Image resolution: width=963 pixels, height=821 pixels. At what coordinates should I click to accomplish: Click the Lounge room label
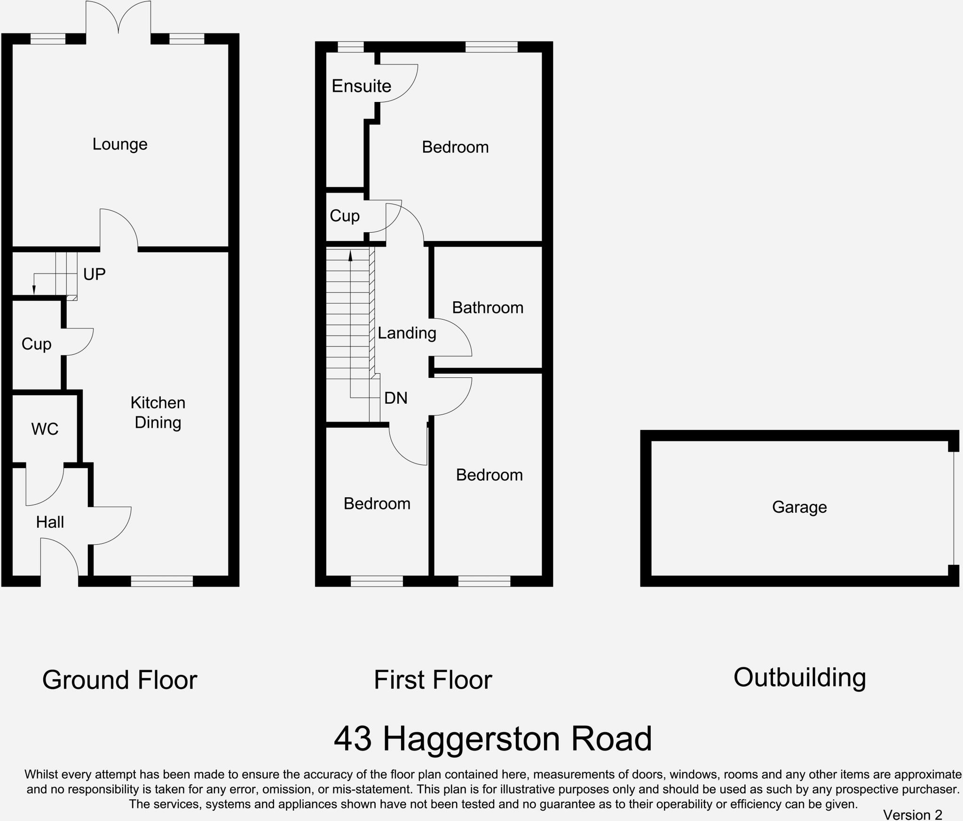(120, 144)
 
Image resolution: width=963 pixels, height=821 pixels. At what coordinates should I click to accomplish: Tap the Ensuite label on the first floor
(361, 86)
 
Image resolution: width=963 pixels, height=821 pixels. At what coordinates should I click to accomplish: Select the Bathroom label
(488, 308)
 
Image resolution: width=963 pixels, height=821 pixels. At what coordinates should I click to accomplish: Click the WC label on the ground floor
(45, 429)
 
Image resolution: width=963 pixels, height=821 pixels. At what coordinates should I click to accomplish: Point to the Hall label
(50, 522)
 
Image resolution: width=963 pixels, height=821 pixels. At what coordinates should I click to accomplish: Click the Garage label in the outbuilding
(799, 507)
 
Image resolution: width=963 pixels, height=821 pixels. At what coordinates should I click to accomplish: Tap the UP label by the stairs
(94, 274)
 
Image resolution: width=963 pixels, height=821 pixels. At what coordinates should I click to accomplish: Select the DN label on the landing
(395, 399)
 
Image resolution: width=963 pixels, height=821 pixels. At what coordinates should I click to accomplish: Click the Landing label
(407, 333)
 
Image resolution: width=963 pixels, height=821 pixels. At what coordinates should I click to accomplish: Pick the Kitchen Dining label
(158, 413)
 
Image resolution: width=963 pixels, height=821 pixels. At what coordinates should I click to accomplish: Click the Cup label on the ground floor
(36, 344)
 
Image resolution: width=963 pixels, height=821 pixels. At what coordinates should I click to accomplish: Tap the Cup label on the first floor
(345, 216)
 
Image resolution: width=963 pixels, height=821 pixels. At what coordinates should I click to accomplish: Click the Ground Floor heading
(119, 680)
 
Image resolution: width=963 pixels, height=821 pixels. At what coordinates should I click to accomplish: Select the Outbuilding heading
(799, 678)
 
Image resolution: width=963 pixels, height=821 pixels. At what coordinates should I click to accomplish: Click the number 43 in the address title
(353, 739)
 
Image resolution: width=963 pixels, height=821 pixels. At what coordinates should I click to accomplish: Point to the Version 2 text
(912, 814)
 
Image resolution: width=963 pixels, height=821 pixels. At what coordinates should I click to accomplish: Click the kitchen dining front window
(162, 581)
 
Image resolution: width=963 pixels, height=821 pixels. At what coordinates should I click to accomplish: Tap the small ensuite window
(351, 47)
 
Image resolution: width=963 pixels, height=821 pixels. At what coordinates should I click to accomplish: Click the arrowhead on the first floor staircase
(350, 256)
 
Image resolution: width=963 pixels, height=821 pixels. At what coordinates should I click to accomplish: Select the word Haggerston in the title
(472, 740)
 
